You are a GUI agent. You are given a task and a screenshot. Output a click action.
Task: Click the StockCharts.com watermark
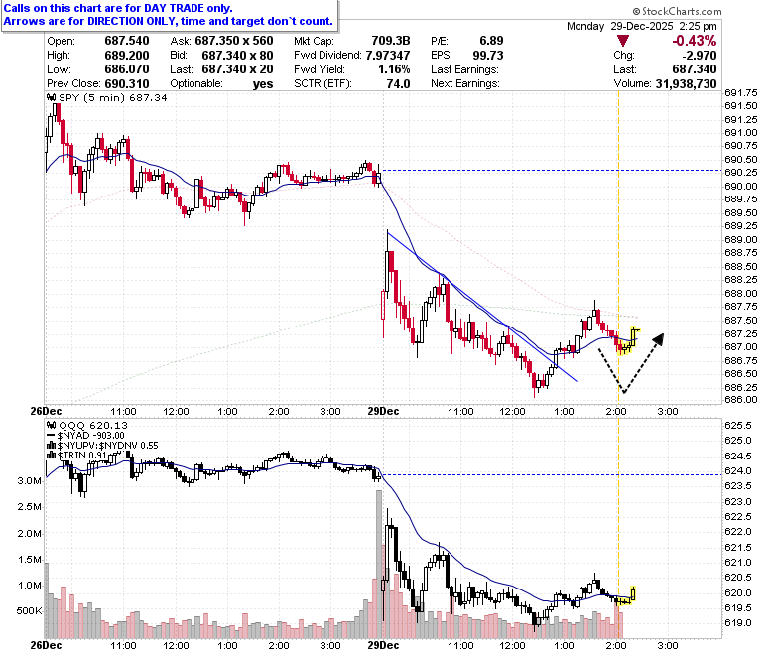coord(677,11)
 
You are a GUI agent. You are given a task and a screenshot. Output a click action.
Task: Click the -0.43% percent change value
coord(694,41)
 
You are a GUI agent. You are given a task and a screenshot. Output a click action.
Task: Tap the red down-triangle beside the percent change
coord(623,41)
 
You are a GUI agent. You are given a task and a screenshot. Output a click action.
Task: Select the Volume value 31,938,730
coord(686,84)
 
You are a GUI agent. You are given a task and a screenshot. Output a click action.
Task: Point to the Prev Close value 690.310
coord(127,84)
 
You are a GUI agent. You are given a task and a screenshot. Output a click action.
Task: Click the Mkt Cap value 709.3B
coord(391,41)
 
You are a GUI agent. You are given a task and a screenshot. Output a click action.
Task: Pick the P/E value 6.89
coord(491,41)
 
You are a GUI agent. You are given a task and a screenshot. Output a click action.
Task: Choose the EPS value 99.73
coord(488,55)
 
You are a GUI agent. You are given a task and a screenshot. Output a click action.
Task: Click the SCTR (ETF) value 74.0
coord(398,84)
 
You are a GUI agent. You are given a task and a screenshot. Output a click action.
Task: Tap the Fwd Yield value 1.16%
coord(394,69)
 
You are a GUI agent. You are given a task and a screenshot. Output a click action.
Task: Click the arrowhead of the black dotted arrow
coord(659,339)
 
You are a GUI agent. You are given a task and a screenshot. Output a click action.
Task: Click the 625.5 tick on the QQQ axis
coord(738,425)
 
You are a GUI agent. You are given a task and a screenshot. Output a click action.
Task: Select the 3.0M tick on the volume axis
coord(29,480)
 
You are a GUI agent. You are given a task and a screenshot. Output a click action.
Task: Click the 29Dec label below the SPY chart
coord(384,411)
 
